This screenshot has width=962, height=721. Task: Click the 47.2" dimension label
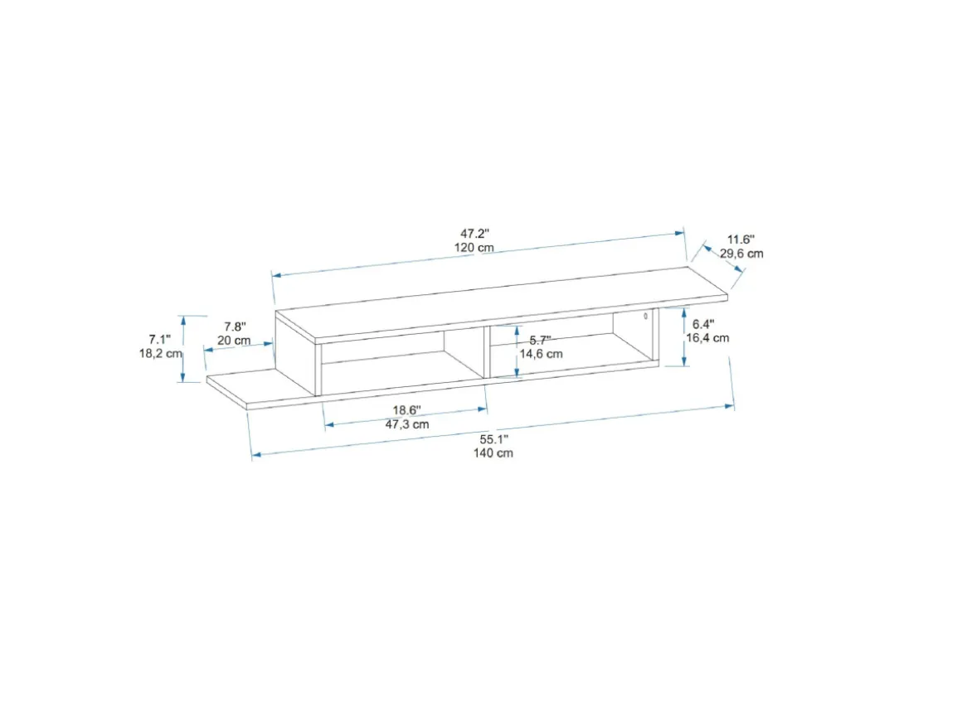point(475,234)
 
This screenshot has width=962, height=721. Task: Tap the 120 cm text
point(474,248)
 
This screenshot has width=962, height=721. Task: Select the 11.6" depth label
point(741,240)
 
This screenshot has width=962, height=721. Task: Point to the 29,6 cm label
point(741,254)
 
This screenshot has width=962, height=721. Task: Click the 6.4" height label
point(703,324)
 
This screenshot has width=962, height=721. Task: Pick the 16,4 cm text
point(707,338)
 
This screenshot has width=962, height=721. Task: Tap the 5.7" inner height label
point(540,341)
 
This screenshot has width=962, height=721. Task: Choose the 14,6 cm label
point(541,355)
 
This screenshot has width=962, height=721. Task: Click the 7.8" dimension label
point(235,327)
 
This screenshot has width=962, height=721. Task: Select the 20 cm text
point(234,341)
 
